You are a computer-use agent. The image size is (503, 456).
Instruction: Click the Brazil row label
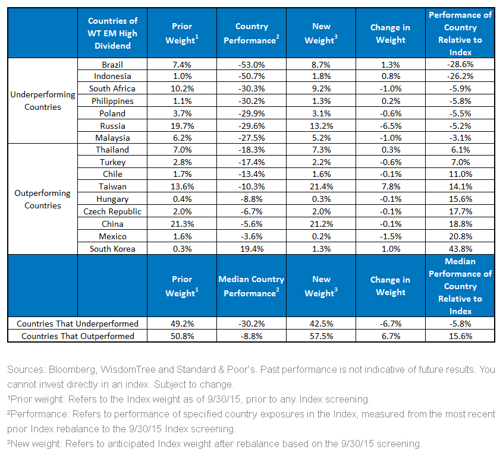click(112, 65)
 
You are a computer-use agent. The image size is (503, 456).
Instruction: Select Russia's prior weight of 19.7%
click(182, 126)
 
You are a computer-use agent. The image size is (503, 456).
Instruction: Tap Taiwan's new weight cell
click(322, 186)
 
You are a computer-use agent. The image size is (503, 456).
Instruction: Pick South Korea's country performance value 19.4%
click(252, 249)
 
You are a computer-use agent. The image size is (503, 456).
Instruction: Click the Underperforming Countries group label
click(43, 100)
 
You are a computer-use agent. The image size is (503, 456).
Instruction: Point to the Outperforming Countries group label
click(43, 199)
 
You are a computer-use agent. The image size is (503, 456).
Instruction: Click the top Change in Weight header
click(391, 34)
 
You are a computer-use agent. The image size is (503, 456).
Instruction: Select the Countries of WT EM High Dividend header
click(112, 33)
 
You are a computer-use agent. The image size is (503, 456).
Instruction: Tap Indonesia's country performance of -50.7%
click(252, 76)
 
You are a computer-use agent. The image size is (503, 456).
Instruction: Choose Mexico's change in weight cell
click(391, 236)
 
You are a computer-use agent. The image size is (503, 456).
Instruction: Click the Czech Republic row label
click(112, 211)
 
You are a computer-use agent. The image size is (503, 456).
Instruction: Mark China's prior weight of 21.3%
click(182, 224)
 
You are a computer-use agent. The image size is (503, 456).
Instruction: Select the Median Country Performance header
click(251, 286)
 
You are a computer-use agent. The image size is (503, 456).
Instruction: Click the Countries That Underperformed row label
click(77, 324)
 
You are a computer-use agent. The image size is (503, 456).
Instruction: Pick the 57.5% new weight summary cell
click(322, 336)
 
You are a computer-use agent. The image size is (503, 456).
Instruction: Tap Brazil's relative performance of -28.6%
click(460, 64)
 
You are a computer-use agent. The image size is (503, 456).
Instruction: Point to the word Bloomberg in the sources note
click(72, 370)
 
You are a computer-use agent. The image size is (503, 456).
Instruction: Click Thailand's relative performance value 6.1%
click(460, 150)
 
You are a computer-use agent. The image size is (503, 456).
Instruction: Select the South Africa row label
click(112, 88)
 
